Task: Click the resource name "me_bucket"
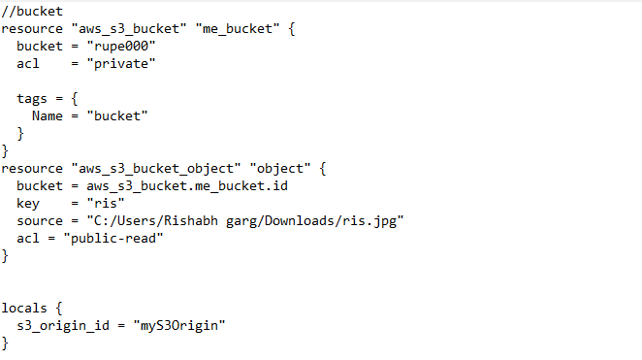pyautogui.click(x=228, y=29)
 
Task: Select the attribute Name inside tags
pyautogui.click(x=48, y=115)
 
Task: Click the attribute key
pyautogui.click(x=28, y=203)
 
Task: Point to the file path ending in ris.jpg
pyautogui.click(x=242, y=220)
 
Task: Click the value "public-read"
pyautogui.click(x=112, y=238)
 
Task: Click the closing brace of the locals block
pyautogui.click(x=6, y=343)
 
